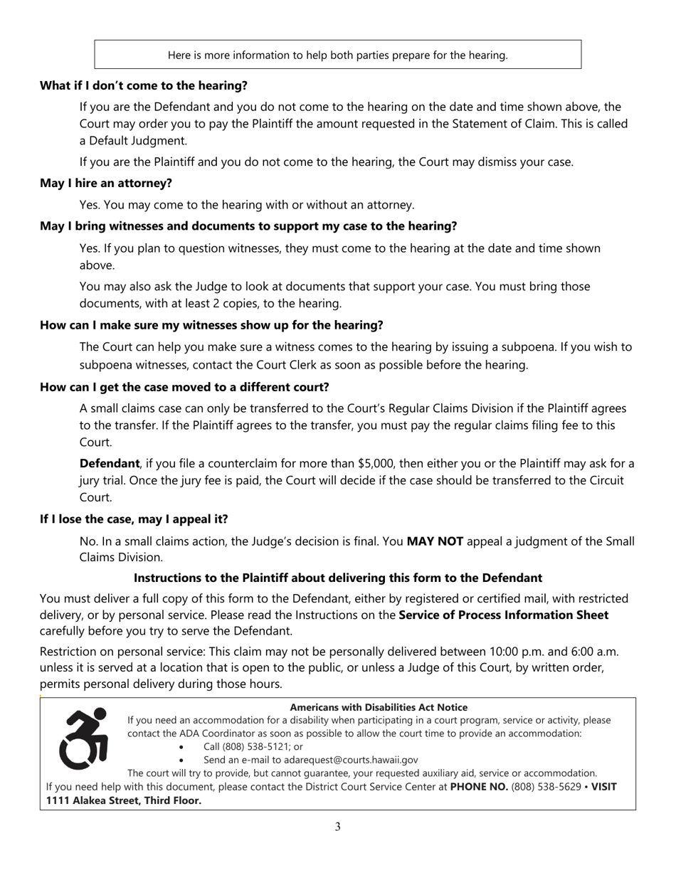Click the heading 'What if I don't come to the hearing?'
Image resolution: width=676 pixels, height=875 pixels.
[143, 85]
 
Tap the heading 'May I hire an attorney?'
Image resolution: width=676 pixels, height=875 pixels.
[105, 183]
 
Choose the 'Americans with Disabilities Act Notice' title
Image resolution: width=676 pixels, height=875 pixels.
[379, 707]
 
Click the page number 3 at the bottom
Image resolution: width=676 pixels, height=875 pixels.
[337, 827]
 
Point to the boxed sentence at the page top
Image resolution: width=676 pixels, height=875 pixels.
[337, 55]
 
